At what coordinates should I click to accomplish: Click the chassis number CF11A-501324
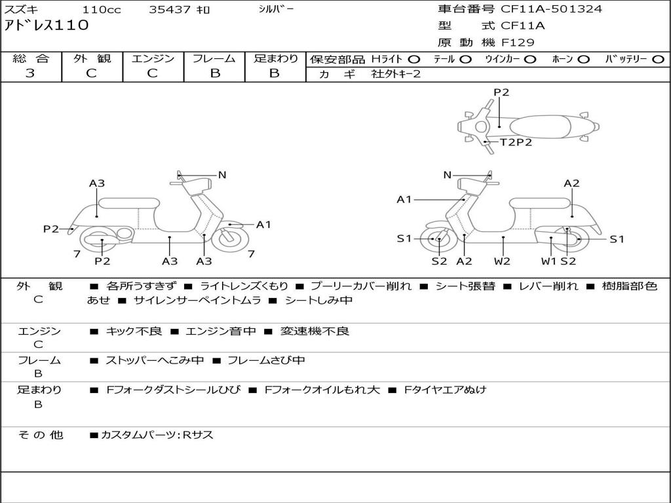(x=551, y=9)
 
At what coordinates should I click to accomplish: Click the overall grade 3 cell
(x=30, y=73)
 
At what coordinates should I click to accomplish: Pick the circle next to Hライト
(x=414, y=60)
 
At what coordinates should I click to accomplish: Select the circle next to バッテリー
(x=659, y=60)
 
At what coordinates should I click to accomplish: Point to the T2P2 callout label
(x=516, y=142)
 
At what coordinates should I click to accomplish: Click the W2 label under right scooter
(x=502, y=261)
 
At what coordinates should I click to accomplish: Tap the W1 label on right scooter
(x=549, y=261)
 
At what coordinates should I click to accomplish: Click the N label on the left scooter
(x=222, y=175)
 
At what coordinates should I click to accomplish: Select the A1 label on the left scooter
(x=263, y=225)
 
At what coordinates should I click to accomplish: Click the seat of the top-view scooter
(x=540, y=127)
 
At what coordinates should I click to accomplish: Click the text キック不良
(x=134, y=331)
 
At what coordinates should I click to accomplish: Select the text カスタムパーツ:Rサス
(x=157, y=435)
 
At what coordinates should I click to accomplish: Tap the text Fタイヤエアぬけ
(x=445, y=390)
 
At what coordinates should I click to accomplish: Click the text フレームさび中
(x=266, y=361)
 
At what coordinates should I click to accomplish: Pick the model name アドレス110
(x=47, y=26)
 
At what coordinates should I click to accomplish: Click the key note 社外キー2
(x=396, y=74)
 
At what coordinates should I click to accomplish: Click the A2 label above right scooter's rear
(x=571, y=183)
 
